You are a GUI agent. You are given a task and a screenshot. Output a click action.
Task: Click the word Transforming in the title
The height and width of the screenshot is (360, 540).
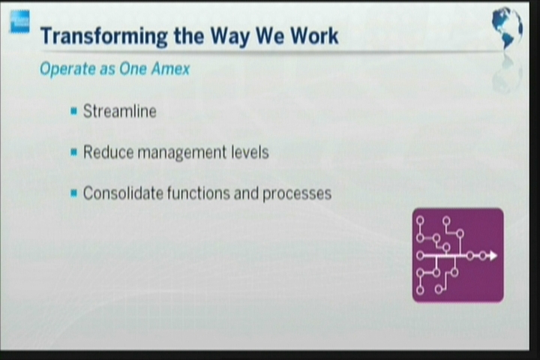(x=104, y=37)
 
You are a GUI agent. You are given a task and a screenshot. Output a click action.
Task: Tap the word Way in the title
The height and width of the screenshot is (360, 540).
(x=229, y=37)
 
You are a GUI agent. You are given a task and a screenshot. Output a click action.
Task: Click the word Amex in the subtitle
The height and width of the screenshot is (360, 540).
(x=170, y=68)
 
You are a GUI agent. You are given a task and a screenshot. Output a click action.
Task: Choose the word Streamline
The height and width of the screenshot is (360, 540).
(x=120, y=111)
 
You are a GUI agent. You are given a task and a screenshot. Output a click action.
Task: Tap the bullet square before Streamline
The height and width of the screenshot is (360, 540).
(x=73, y=111)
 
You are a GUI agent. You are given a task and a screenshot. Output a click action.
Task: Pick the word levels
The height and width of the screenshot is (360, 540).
(x=250, y=152)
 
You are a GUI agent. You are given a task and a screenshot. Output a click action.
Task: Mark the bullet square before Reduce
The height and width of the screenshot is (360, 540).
(x=73, y=152)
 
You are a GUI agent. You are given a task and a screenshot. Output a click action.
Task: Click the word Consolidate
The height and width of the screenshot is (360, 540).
(x=123, y=193)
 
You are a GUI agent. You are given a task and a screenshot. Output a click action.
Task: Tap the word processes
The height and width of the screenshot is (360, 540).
(x=297, y=194)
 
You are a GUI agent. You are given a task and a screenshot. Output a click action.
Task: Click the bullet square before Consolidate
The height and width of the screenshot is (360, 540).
(x=73, y=193)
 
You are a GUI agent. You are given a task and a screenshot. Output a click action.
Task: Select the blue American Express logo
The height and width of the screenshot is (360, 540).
(x=19, y=21)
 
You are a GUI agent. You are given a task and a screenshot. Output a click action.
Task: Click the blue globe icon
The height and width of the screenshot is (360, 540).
(x=507, y=28)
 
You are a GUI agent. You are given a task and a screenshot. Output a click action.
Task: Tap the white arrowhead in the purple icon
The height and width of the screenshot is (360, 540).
(x=493, y=256)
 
